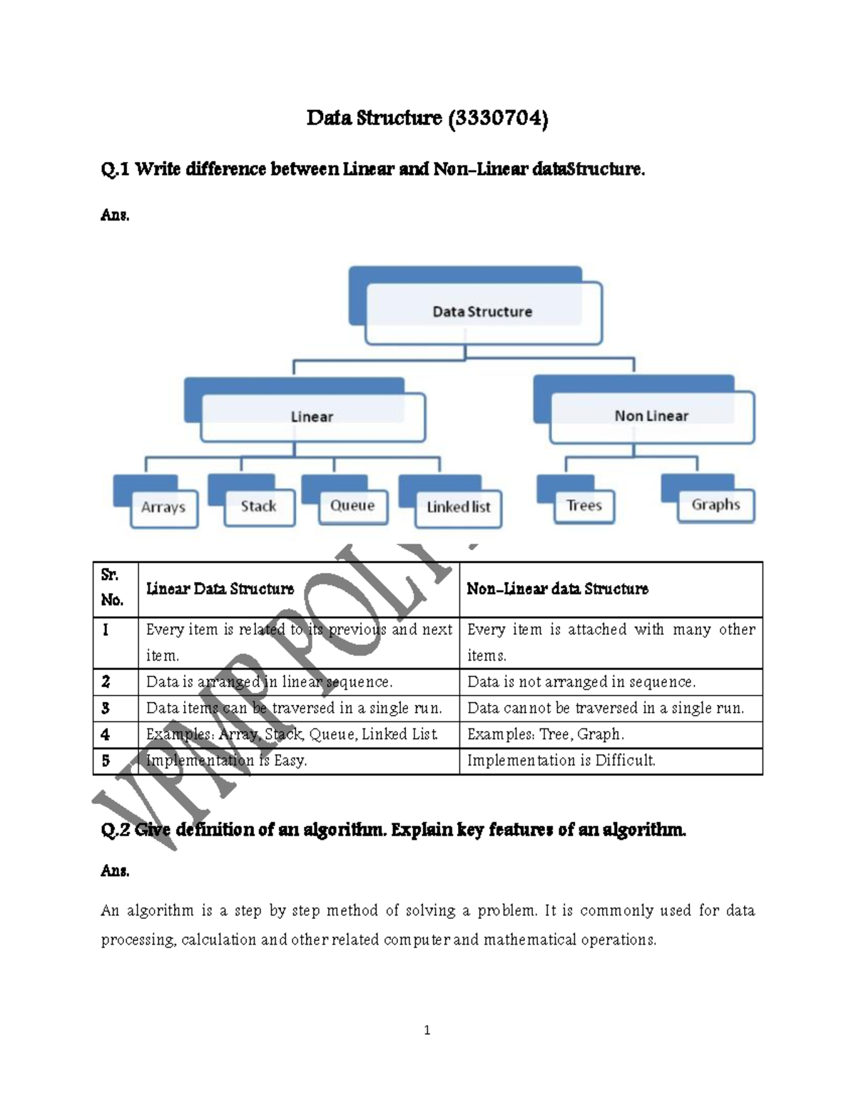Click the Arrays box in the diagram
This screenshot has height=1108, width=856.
tap(163, 507)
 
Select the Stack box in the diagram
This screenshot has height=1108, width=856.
tap(258, 507)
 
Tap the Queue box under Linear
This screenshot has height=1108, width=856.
tap(352, 506)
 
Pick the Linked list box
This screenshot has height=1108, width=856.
tap(458, 507)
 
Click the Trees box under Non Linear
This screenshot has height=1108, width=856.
tap(584, 506)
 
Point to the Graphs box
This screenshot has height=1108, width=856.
tap(715, 505)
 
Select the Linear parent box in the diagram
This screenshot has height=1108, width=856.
tap(312, 417)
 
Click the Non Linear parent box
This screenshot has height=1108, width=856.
tap(651, 416)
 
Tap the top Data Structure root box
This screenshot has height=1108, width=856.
tap(482, 312)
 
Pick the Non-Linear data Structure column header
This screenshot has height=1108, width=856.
tap(557, 589)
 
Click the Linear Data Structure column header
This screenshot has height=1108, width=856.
tap(220, 589)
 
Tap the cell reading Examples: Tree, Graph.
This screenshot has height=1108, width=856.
tap(546, 734)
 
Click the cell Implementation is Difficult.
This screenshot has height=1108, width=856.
tap(561, 761)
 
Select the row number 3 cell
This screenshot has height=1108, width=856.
tap(106, 708)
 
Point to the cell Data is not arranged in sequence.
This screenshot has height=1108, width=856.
tap(581, 682)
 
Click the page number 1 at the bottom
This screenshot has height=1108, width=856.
tap(427, 1030)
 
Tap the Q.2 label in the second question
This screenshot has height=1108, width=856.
tap(115, 830)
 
